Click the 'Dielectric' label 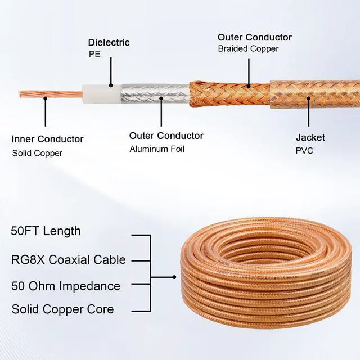pos(109,42)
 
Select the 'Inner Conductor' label pos(47,139)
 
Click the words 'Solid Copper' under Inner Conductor pos(37,153)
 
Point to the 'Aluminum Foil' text pos(157,149)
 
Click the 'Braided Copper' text pos(248,49)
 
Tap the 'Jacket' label pos(310,137)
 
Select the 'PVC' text pos(305,151)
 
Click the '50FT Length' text pos(46,231)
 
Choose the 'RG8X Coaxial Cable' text pos(68,259)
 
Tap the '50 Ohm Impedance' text pos(65,286)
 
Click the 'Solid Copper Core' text pos(62,309)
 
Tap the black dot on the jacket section pos(308,97)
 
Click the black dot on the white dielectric pos(111,85)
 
